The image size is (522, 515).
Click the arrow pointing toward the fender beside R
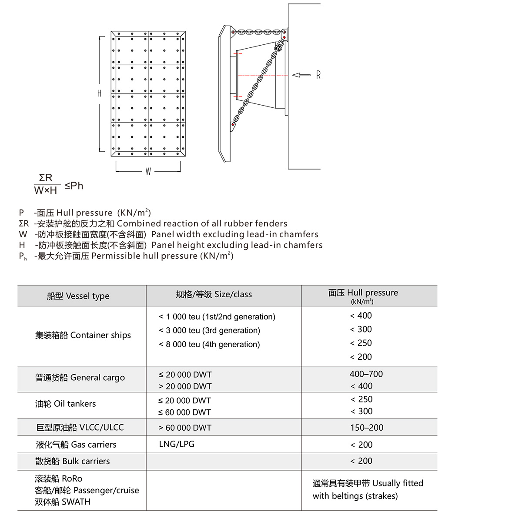point(301,75)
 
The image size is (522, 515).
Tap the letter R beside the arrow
point(318,75)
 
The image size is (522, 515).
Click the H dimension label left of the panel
point(99,93)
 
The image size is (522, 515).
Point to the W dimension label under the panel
point(148,172)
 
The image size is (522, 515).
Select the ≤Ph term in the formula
point(74,186)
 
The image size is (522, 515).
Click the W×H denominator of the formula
point(46,190)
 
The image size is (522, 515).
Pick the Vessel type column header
point(78,296)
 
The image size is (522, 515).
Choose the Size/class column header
point(214,294)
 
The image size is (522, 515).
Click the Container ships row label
point(83,335)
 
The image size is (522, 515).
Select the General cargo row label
point(80,378)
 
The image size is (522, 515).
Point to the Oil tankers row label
point(65,404)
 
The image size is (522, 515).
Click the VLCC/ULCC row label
point(80,427)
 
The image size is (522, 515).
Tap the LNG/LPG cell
point(177,444)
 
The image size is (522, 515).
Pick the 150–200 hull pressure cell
point(367,428)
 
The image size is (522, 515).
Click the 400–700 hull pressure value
point(366,374)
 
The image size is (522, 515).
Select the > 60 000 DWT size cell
point(185,428)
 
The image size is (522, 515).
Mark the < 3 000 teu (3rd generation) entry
point(209,330)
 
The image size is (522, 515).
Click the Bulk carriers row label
point(72,461)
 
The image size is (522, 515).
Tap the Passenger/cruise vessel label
point(87,490)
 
